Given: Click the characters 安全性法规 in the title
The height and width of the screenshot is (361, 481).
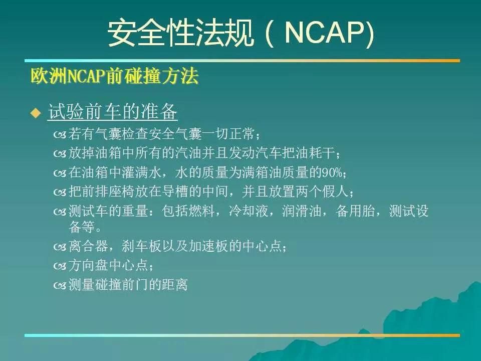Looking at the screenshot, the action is point(181,33).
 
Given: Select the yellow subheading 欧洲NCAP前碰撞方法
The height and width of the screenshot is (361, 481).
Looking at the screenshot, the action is point(114,76).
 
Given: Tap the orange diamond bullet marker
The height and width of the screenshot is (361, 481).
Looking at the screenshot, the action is point(36,113).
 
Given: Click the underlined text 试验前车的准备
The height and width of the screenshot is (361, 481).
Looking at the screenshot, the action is point(113,111).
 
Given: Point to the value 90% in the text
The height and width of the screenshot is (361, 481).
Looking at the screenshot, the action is point(332,172).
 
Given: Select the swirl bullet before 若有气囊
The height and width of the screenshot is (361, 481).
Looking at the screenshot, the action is point(60,134).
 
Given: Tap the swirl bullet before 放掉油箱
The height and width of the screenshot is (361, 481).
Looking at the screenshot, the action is point(60,153).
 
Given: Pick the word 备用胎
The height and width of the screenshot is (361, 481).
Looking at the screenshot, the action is point(355,211).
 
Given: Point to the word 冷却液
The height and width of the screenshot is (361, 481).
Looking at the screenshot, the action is point(249,211).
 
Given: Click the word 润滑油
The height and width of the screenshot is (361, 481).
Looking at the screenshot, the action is point(302,211).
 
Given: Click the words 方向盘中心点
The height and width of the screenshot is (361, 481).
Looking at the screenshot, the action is point(109,265).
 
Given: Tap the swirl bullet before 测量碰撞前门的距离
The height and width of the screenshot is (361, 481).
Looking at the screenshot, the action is point(60,286).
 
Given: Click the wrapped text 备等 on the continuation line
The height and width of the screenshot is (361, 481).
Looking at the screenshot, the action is point(82,227).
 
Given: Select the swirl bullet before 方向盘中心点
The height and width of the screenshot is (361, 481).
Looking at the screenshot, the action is point(60,266).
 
